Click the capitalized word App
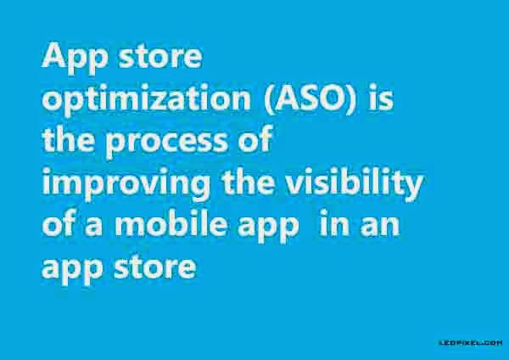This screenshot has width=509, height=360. pyautogui.click(x=75, y=58)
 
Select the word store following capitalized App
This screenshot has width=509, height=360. pyautogui.click(x=160, y=57)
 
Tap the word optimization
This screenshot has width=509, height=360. pyautogui.click(x=147, y=99)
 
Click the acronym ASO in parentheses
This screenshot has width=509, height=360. pyautogui.click(x=310, y=98)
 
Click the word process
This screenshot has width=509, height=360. pyautogui.click(x=166, y=143)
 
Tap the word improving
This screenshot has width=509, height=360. pyautogui.click(x=126, y=183)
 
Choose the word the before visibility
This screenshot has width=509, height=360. pyautogui.click(x=248, y=182)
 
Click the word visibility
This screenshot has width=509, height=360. pyautogui.click(x=354, y=183)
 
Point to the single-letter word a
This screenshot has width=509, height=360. pyautogui.click(x=93, y=226)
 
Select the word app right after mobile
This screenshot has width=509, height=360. pyautogui.click(x=268, y=228)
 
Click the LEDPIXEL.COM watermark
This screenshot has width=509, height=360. pyautogui.click(x=471, y=343)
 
